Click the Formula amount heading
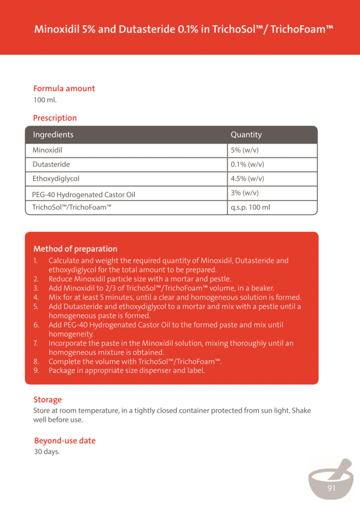(x=64, y=89)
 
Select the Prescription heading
(x=55, y=118)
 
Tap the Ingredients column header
(x=53, y=135)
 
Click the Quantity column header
(x=246, y=135)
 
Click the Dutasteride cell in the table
(x=51, y=165)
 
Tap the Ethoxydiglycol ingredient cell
(x=56, y=179)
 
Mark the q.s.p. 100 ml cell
(x=250, y=208)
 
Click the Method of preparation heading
(x=75, y=249)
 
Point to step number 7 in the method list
(x=36, y=343)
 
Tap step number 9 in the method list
(x=36, y=370)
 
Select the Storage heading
(x=48, y=400)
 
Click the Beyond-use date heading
(x=65, y=441)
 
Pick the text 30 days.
(x=47, y=452)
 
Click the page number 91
(x=331, y=488)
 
